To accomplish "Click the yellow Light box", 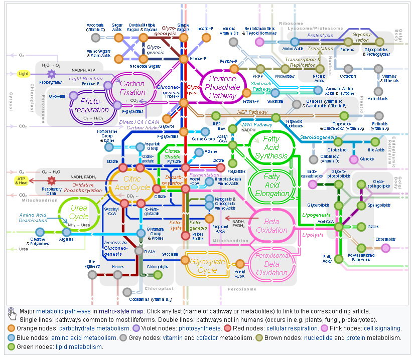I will pos(24,74).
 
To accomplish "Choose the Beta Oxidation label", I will pos(275,226).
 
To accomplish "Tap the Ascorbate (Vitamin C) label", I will pos(95,27).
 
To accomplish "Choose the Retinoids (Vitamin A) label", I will pos(380,126).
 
